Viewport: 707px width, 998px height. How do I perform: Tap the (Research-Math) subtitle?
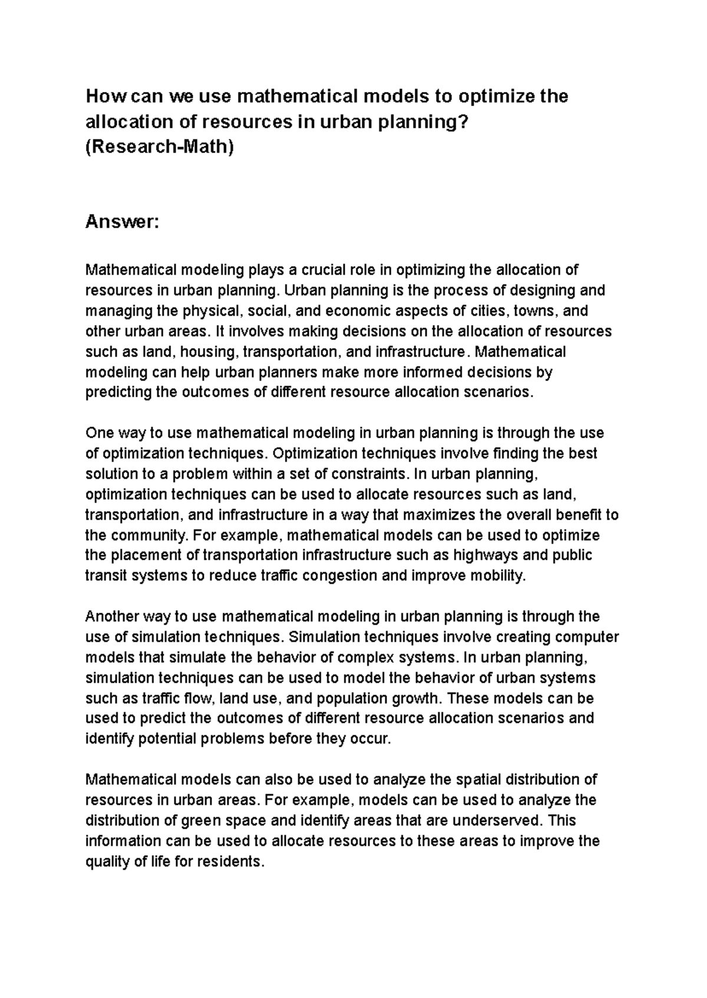[x=160, y=146]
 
